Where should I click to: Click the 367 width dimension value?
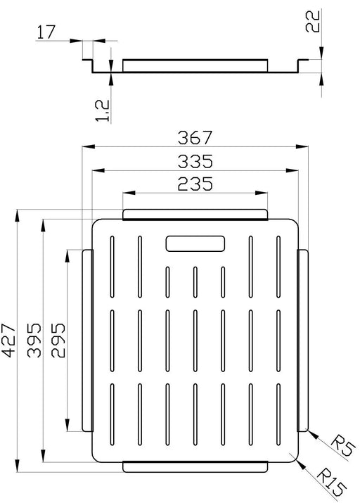195,138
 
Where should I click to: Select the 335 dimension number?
195,161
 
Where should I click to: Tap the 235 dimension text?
195,184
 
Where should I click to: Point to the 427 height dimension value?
8,340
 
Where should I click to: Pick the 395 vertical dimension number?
34,340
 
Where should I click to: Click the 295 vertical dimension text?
58,340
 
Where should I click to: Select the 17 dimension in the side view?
46,32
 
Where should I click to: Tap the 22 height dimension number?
312,21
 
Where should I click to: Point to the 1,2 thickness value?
103,111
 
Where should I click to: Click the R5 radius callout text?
342,445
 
